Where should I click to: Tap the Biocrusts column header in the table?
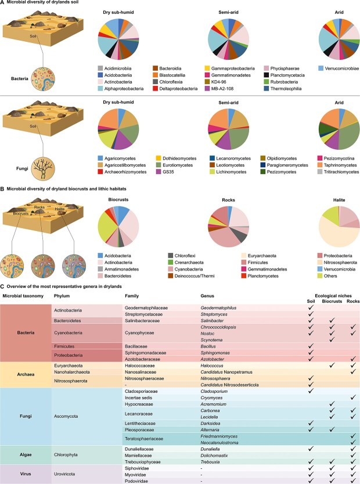pyautogui.click(x=330, y=301)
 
